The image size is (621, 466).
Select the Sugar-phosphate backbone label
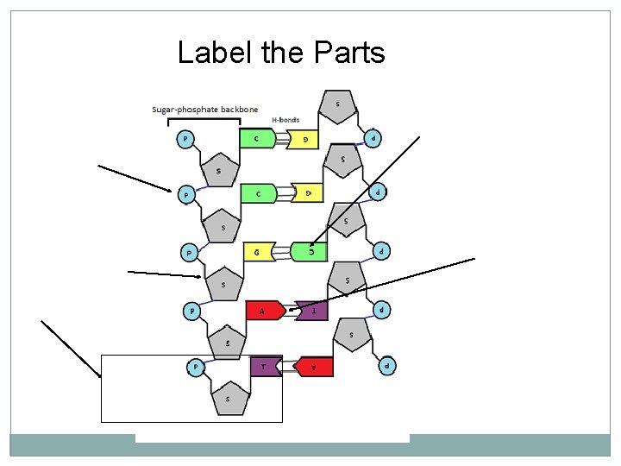pyautogui.click(x=204, y=110)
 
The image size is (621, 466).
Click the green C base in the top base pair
pyautogui.click(x=259, y=137)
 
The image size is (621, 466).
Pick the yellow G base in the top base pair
pyautogui.click(x=306, y=138)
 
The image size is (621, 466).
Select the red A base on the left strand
pyautogui.click(x=263, y=310)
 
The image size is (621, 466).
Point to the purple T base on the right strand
pyautogui.click(x=312, y=309)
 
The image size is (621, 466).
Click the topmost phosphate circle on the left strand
pyautogui.click(x=185, y=137)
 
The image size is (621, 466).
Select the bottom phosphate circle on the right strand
pyautogui.click(x=389, y=366)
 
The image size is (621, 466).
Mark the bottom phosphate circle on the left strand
pyautogui.click(x=196, y=367)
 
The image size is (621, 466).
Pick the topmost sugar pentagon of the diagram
pyautogui.click(x=337, y=106)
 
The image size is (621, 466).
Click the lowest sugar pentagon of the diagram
pyautogui.click(x=228, y=398)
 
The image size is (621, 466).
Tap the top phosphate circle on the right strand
pyautogui.click(x=373, y=137)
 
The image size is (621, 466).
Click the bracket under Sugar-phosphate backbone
pyautogui.click(x=204, y=120)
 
